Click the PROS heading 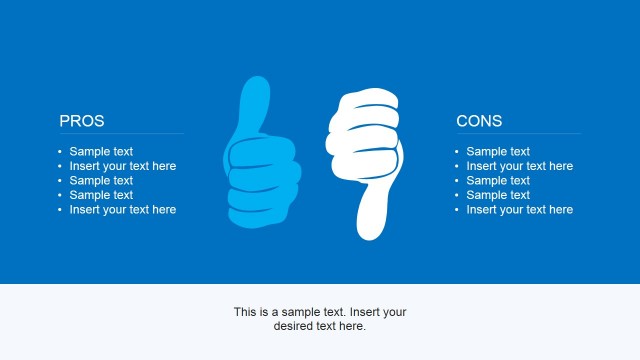(x=82, y=121)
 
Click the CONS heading (x=479, y=121)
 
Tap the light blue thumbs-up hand (x=263, y=170)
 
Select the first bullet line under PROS (x=101, y=152)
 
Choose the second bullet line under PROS (x=122, y=166)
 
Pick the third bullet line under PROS (x=101, y=181)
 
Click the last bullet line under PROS (x=122, y=210)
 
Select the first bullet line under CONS (x=498, y=152)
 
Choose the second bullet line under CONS (x=519, y=166)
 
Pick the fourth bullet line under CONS (x=498, y=195)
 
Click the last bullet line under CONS (x=519, y=210)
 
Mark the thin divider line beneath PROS (x=120, y=134)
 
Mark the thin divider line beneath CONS (x=517, y=134)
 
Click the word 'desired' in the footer (x=294, y=326)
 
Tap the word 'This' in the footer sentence (x=246, y=312)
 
